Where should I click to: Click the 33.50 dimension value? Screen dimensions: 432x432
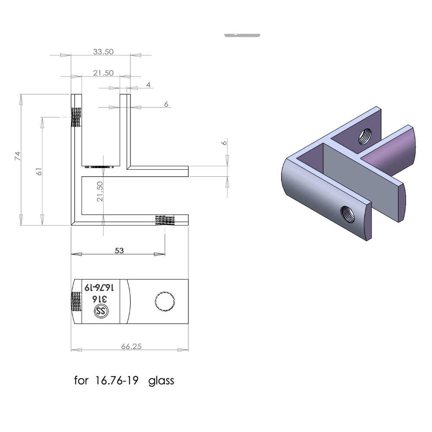(103, 51)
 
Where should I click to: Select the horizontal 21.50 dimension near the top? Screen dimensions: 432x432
(103, 73)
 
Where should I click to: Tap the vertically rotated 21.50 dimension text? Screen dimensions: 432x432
(100, 191)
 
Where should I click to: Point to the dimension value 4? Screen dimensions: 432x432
(148, 85)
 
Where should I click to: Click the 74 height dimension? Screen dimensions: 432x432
(18, 156)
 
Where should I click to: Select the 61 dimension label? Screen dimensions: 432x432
(39, 172)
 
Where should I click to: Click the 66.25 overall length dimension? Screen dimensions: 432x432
(132, 346)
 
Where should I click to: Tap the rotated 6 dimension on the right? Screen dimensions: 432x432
(224, 143)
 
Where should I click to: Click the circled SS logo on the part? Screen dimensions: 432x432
(102, 311)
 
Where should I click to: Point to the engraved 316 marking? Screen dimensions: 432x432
(101, 299)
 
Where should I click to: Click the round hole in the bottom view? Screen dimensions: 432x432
(165, 301)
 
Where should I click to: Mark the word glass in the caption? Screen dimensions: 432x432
(161, 381)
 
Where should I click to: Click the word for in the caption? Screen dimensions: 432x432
(80, 381)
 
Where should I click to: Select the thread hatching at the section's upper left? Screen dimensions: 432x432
(76, 117)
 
